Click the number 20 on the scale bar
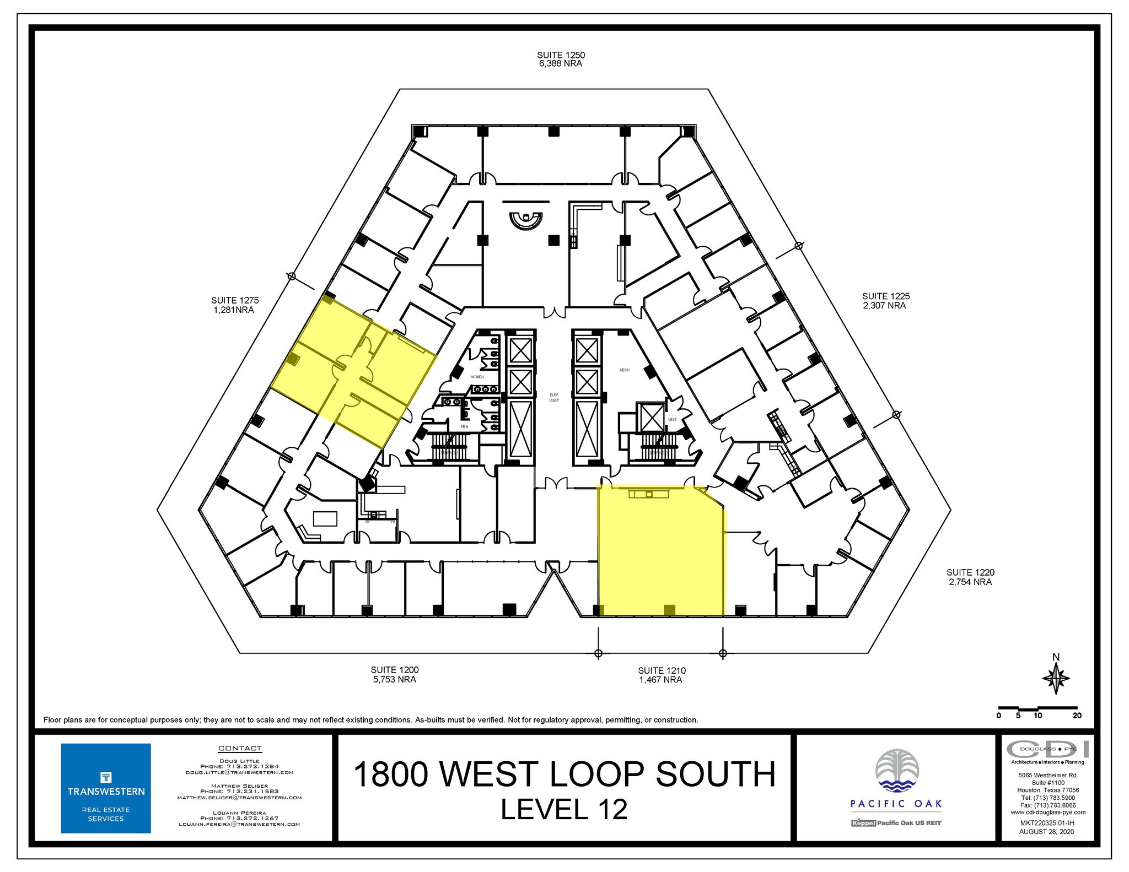pos(1077,716)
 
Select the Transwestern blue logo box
pos(105,788)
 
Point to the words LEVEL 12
pos(563,810)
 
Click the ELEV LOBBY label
pos(554,397)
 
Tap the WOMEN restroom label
pos(477,377)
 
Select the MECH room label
pos(624,370)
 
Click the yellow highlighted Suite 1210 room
pos(659,556)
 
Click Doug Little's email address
pos(239,772)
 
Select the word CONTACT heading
pos(240,748)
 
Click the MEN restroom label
pos(464,426)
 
